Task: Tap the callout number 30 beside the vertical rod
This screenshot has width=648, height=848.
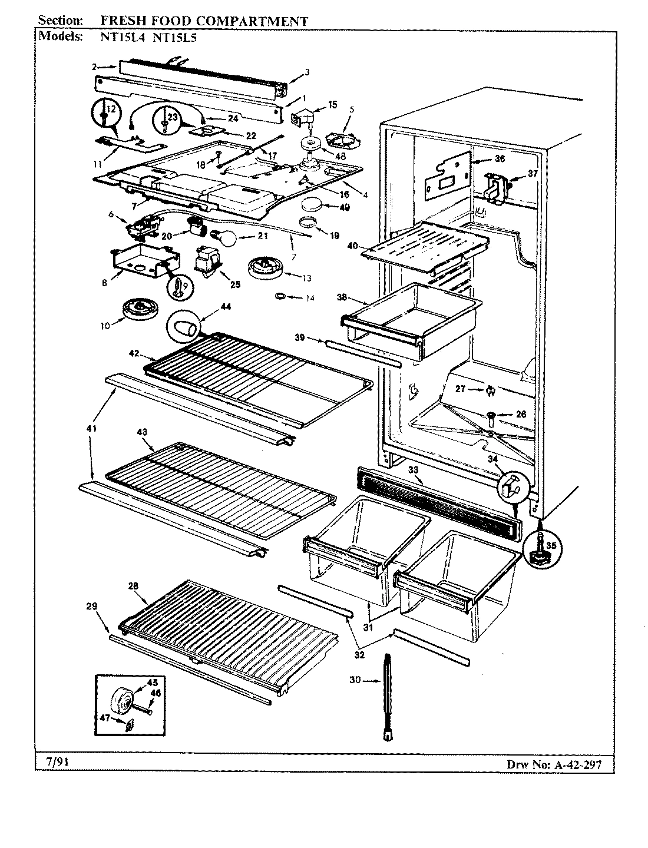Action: click(x=355, y=680)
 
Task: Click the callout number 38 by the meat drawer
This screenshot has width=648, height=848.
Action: click(x=341, y=297)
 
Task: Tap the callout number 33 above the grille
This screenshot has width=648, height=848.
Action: click(x=413, y=469)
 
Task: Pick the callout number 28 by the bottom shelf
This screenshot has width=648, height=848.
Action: click(x=133, y=585)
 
